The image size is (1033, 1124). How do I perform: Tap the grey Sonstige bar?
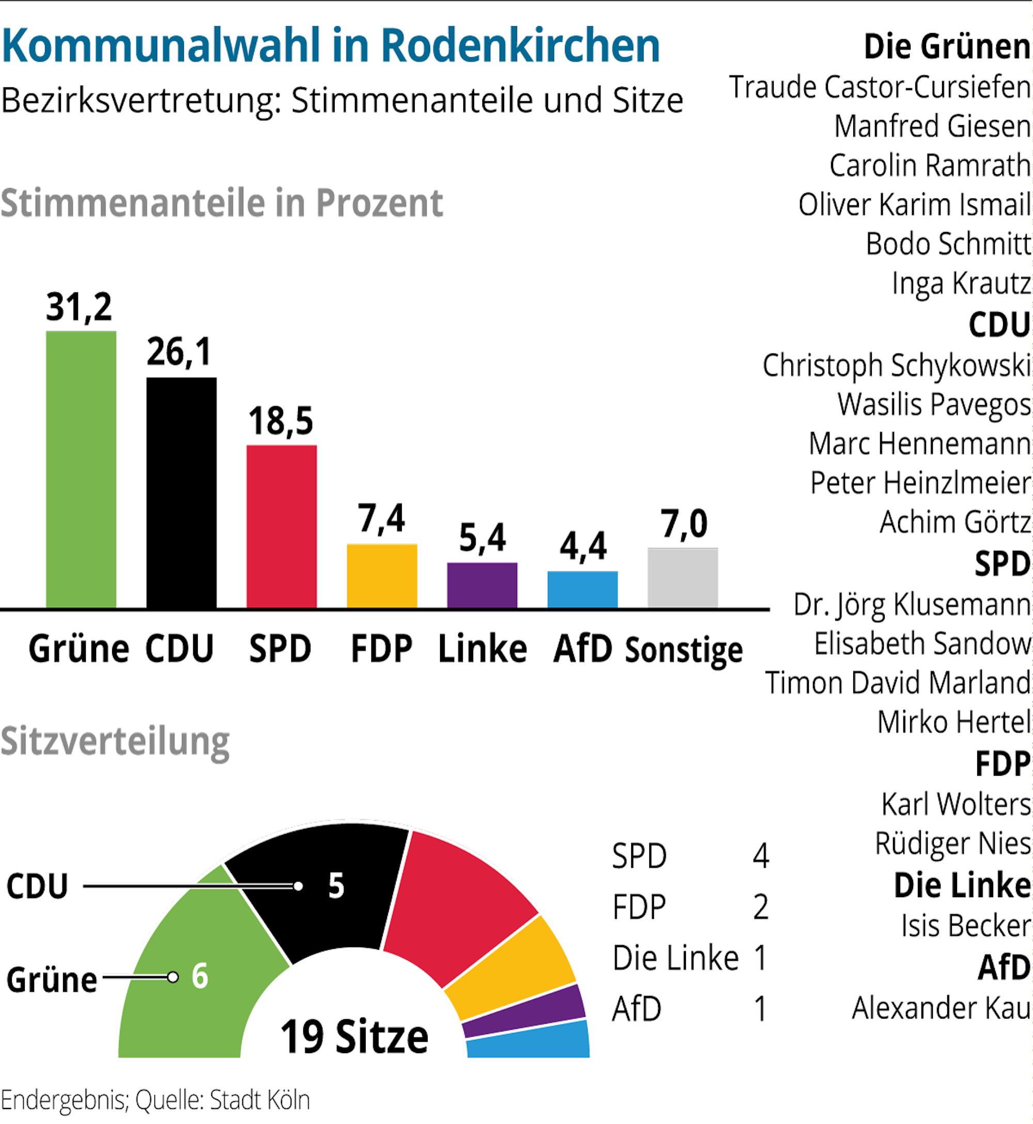pyautogui.click(x=682, y=578)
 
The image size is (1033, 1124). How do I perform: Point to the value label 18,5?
pyautogui.click(x=281, y=421)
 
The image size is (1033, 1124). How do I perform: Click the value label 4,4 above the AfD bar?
pyautogui.click(x=583, y=546)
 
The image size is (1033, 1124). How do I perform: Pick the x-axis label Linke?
pyautogui.click(x=482, y=649)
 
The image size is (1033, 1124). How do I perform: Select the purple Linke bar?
pyautogui.click(x=482, y=585)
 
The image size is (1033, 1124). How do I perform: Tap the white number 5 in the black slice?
pyautogui.click(x=336, y=886)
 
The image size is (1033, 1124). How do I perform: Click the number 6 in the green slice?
pyautogui.click(x=200, y=976)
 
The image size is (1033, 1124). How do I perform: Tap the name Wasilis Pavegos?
pyautogui.click(x=933, y=404)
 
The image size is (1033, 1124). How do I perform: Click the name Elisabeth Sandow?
pyautogui.click(x=922, y=643)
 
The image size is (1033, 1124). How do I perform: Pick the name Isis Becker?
pyautogui.click(x=965, y=926)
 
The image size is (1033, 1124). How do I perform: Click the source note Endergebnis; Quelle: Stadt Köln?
pyautogui.click(x=155, y=1100)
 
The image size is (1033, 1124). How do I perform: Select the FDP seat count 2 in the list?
pyautogui.click(x=760, y=907)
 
